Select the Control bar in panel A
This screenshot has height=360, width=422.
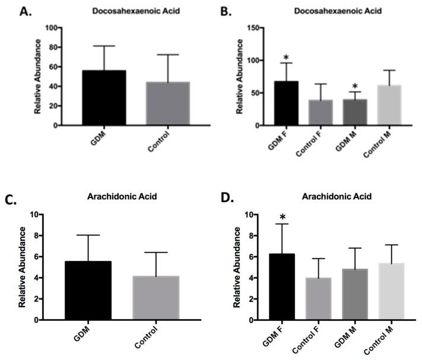163,104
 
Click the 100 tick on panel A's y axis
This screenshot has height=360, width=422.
57,28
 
